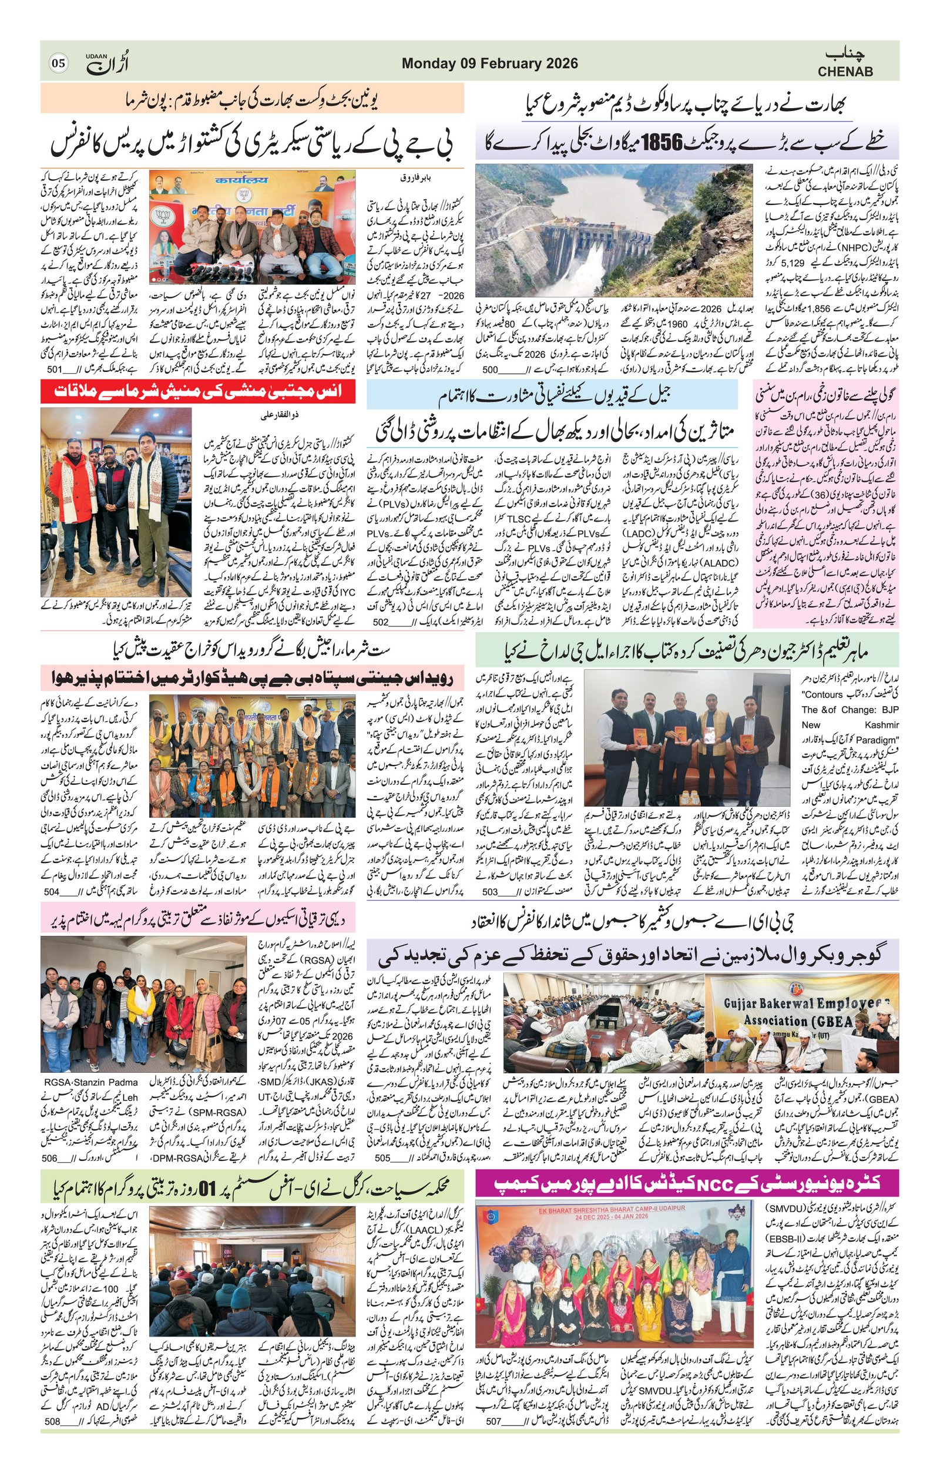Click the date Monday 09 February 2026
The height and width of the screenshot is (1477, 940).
[x=489, y=64]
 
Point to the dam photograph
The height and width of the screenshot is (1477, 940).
[x=614, y=230]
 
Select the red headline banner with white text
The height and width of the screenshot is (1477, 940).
[x=198, y=391]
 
